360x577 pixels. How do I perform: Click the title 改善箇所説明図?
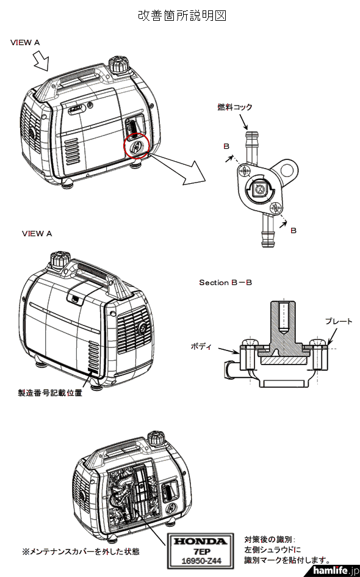[182, 16]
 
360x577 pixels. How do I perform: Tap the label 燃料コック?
[235, 107]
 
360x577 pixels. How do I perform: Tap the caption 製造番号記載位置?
[50, 393]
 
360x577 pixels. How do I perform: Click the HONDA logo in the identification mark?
[200, 541]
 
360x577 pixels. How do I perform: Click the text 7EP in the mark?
[200, 551]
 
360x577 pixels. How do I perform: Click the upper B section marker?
[226, 147]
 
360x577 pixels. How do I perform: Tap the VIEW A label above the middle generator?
[37, 233]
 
